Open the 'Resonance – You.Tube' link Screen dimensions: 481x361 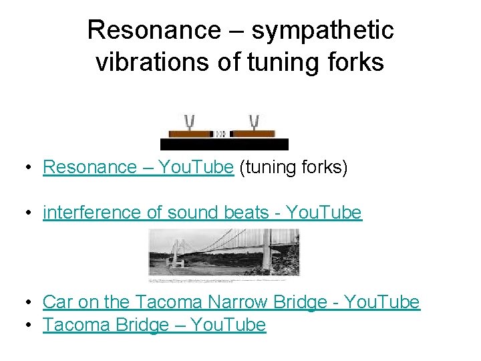138,167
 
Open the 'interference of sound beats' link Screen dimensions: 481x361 202,213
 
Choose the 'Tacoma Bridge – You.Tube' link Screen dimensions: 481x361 154,325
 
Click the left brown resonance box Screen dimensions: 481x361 190,134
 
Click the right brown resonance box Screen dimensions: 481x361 253,134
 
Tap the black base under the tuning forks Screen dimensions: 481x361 224,144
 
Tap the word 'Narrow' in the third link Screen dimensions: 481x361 243,302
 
